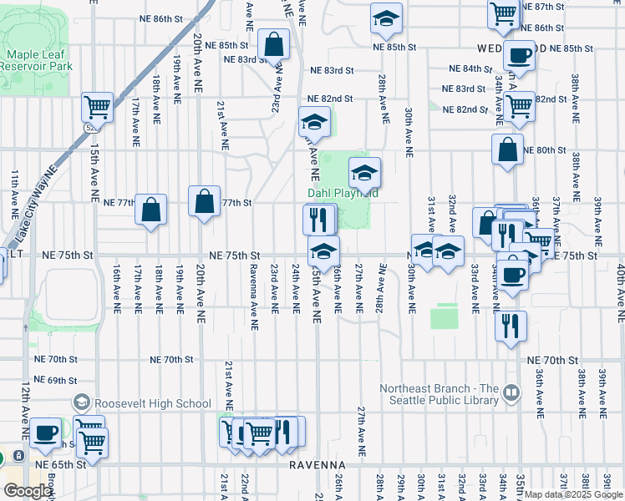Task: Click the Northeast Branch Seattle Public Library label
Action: tap(440, 394)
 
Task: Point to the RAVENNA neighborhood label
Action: tap(318, 464)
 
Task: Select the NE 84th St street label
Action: tap(471, 68)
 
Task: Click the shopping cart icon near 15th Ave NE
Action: tap(98, 108)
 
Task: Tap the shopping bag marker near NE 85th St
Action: tap(273, 44)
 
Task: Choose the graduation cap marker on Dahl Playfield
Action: tap(364, 172)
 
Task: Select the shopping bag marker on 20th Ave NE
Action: tap(205, 200)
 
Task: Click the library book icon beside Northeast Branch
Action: tap(511, 389)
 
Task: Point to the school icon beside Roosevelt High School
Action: tap(81, 403)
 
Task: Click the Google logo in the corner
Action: tap(27, 491)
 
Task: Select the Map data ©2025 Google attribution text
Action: tap(573, 494)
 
